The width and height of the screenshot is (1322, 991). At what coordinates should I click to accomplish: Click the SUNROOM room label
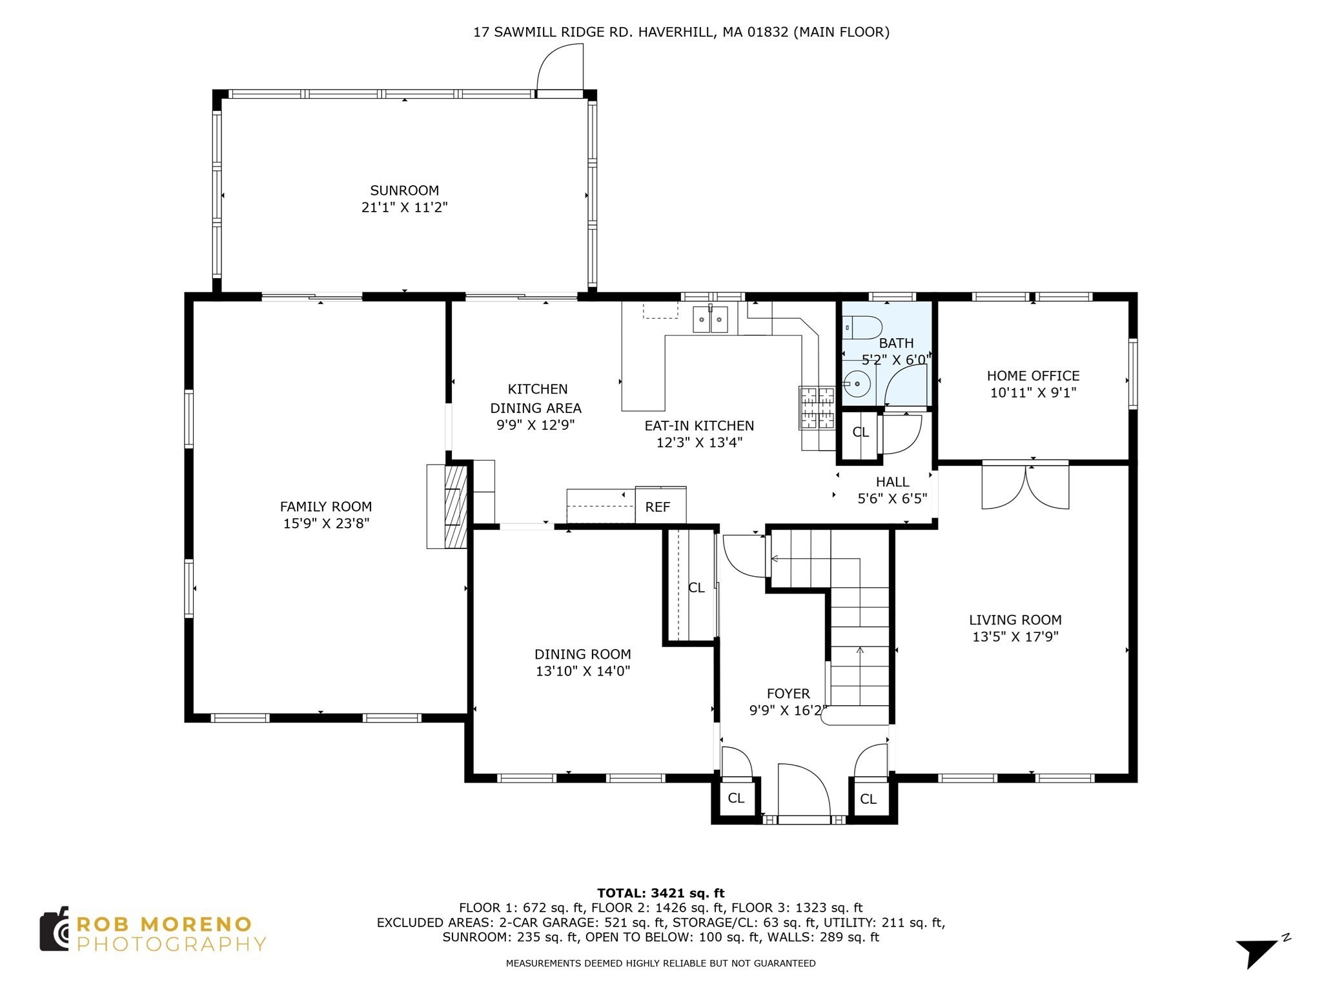click(x=404, y=190)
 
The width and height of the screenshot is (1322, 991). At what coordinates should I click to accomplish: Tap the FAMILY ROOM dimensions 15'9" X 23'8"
click(x=325, y=523)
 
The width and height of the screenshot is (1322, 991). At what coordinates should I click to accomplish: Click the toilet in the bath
click(x=862, y=328)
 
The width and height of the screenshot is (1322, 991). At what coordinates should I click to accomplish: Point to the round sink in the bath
click(x=857, y=385)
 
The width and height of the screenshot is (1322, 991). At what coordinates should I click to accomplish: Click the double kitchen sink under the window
click(x=710, y=319)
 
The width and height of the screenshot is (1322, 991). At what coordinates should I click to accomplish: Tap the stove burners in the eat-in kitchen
click(x=817, y=408)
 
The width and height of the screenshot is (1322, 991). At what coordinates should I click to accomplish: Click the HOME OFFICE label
click(x=1033, y=375)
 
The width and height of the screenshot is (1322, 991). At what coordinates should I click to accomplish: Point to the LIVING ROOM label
click(x=1015, y=620)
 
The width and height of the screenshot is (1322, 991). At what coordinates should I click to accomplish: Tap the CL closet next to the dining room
click(x=696, y=588)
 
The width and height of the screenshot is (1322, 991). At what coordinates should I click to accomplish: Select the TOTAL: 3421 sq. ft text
click(x=660, y=893)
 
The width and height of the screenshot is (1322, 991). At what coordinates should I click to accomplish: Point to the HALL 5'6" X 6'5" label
click(x=892, y=490)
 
